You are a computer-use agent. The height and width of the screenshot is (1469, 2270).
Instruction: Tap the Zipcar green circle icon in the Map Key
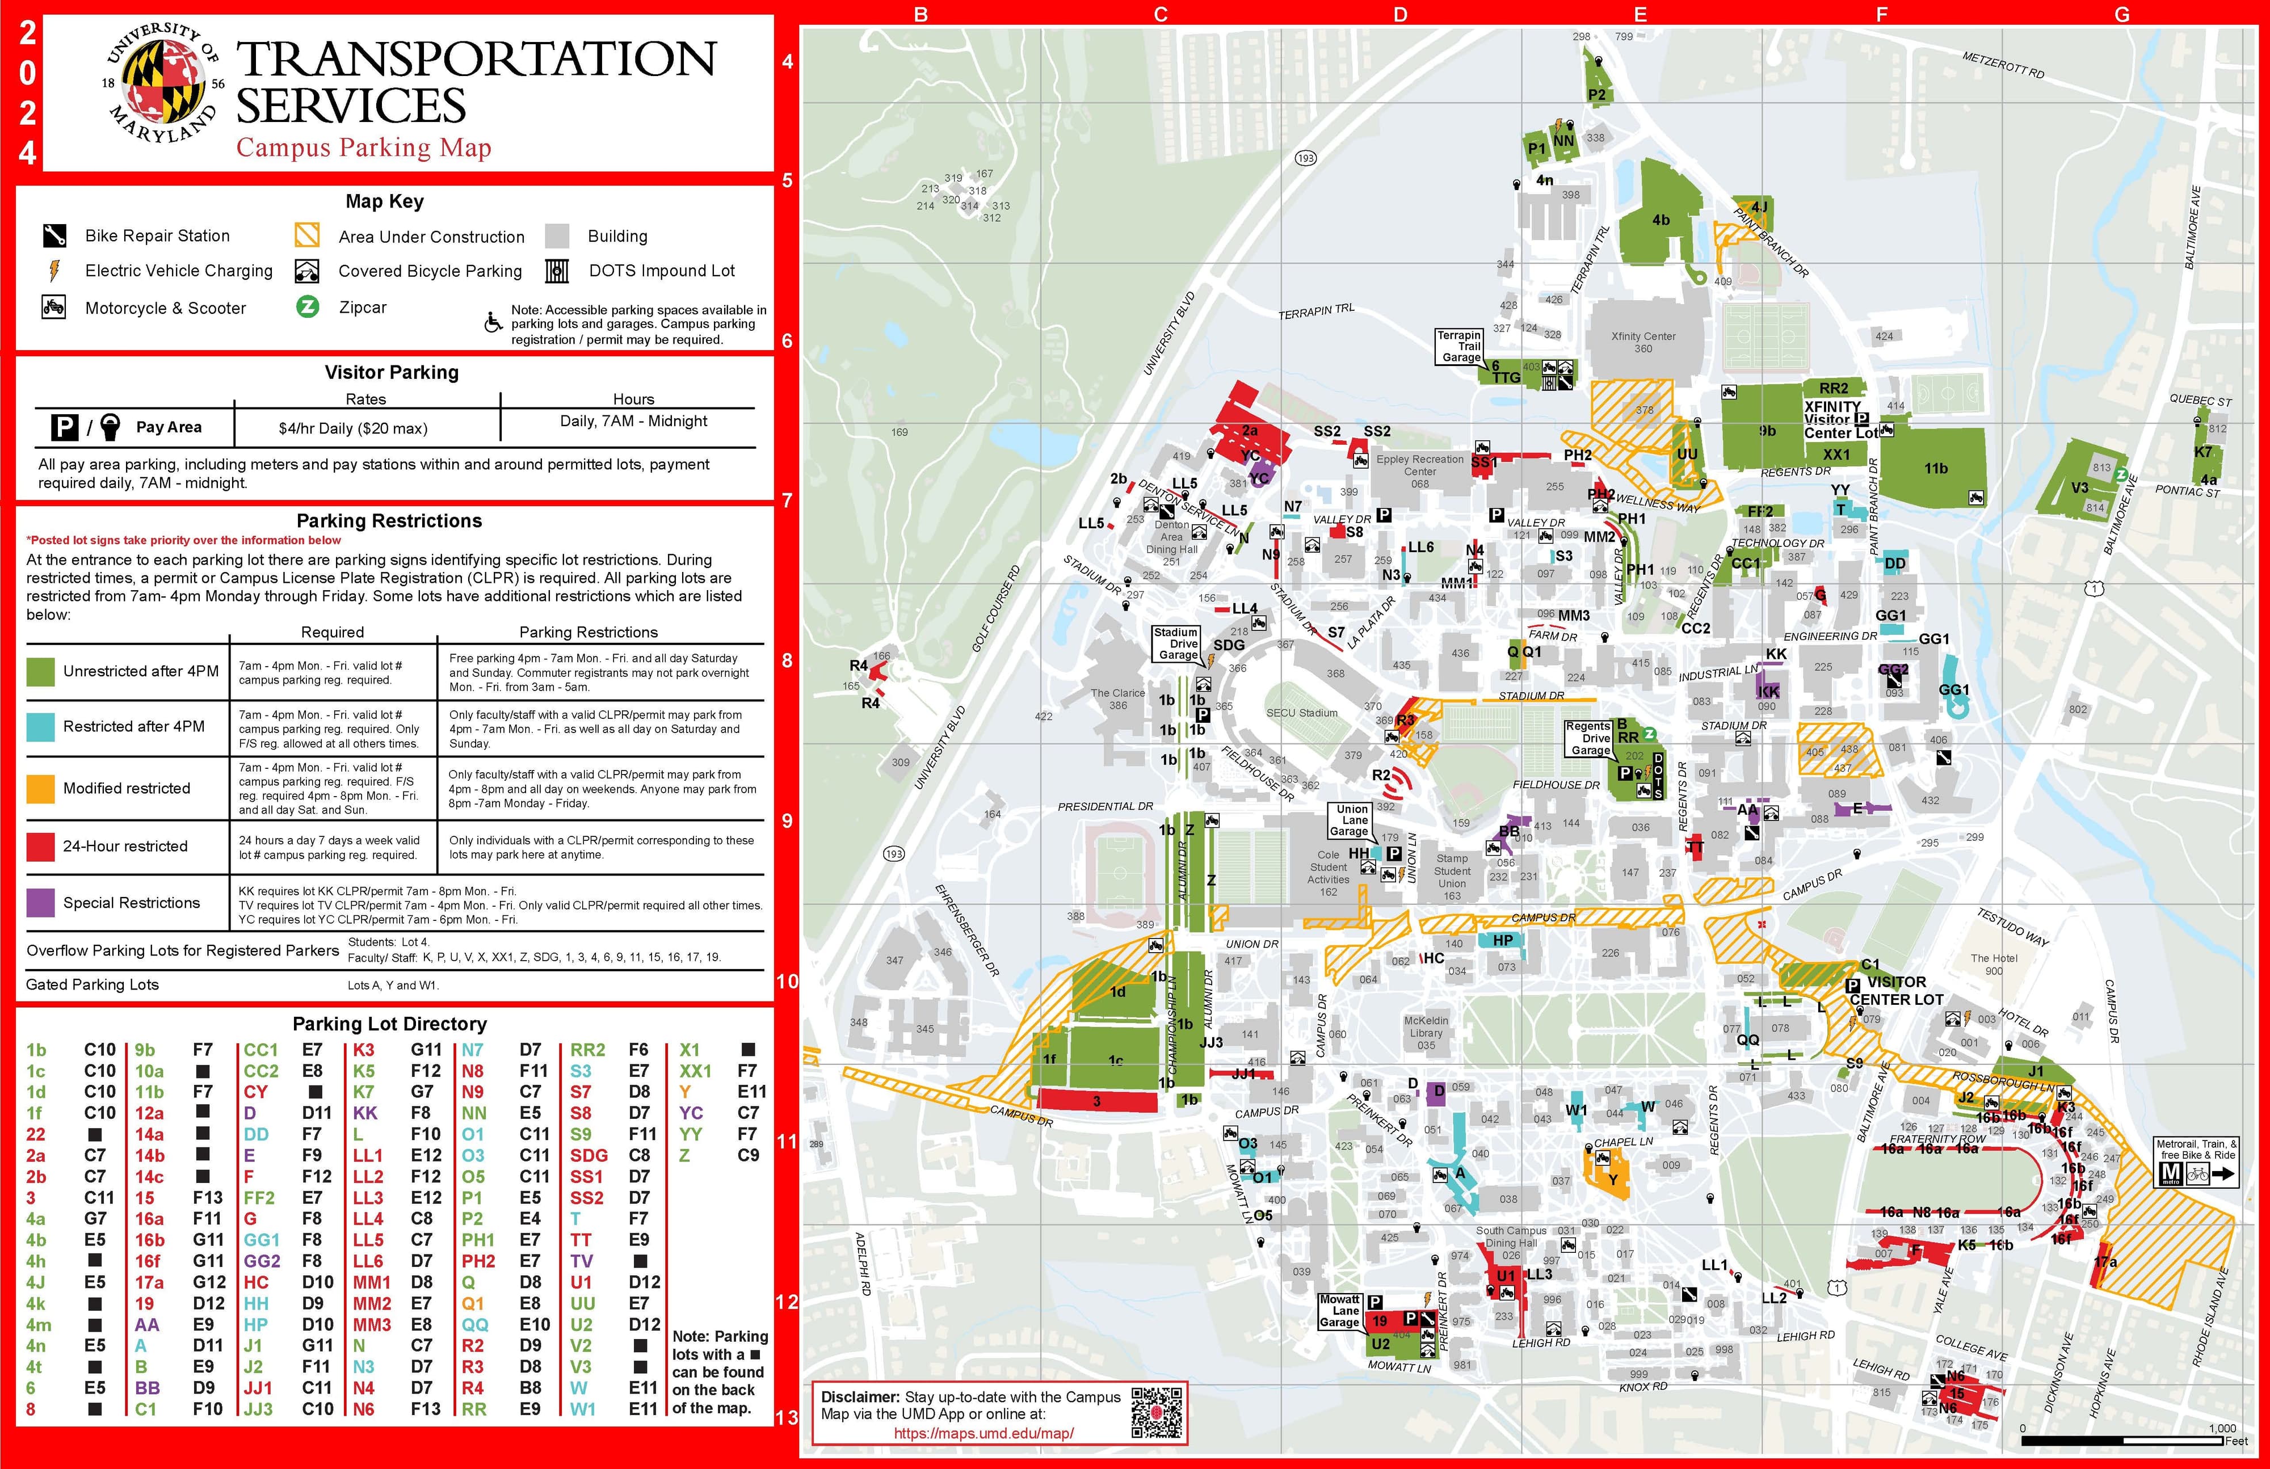307,307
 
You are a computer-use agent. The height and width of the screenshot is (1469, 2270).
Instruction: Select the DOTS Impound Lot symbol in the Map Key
557,271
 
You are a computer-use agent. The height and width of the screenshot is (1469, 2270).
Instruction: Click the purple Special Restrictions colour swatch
40,902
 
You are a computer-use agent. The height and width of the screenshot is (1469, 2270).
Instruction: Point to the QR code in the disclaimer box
1156,1412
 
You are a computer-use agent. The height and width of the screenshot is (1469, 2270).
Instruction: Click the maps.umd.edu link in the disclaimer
983,1433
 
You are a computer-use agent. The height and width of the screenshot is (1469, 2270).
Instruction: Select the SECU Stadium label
1302,713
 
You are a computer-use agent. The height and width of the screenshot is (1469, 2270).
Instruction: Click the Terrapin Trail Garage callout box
1459,346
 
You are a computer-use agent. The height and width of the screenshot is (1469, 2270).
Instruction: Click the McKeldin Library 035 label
1426,1032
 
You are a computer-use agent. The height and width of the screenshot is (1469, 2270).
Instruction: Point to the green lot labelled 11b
1935,468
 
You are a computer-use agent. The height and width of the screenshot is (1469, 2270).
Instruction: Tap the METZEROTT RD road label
2003,65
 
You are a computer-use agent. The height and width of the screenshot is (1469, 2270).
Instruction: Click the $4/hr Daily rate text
353,428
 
